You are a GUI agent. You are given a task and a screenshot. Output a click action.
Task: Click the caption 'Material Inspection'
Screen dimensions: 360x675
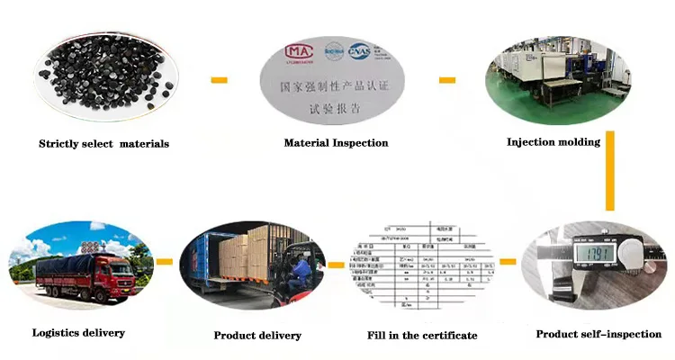coord(336,143)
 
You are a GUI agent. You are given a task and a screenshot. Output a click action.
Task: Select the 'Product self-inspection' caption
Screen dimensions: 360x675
coord(598,335)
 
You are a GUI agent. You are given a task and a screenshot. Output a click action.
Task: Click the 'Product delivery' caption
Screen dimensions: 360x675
coord(257,336)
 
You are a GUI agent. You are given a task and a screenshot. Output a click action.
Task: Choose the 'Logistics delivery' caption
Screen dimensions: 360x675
coord(78,333)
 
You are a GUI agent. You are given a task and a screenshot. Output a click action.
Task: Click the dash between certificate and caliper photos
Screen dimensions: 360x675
coord(508,262)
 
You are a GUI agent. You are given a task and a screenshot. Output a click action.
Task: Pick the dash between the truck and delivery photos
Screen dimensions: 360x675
coord(164,262)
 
